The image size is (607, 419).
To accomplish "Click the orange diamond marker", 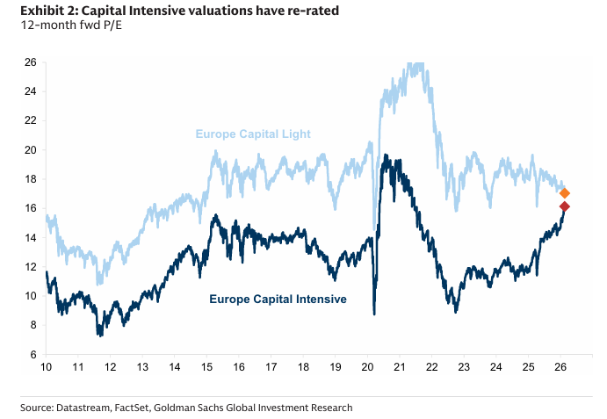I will pos(565,193).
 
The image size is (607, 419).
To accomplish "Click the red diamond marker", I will pos(565,206).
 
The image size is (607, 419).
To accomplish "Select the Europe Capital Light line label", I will pos(253,134).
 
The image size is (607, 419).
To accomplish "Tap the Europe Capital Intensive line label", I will pos(278,300).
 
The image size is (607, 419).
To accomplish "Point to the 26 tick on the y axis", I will pos(30,62).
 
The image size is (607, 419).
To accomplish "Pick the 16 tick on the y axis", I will pos(30,208).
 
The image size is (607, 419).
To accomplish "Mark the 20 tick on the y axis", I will pos(30,150).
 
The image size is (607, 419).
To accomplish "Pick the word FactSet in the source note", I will pos(140,407).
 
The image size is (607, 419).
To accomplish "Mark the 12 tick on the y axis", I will pos(30,267).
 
